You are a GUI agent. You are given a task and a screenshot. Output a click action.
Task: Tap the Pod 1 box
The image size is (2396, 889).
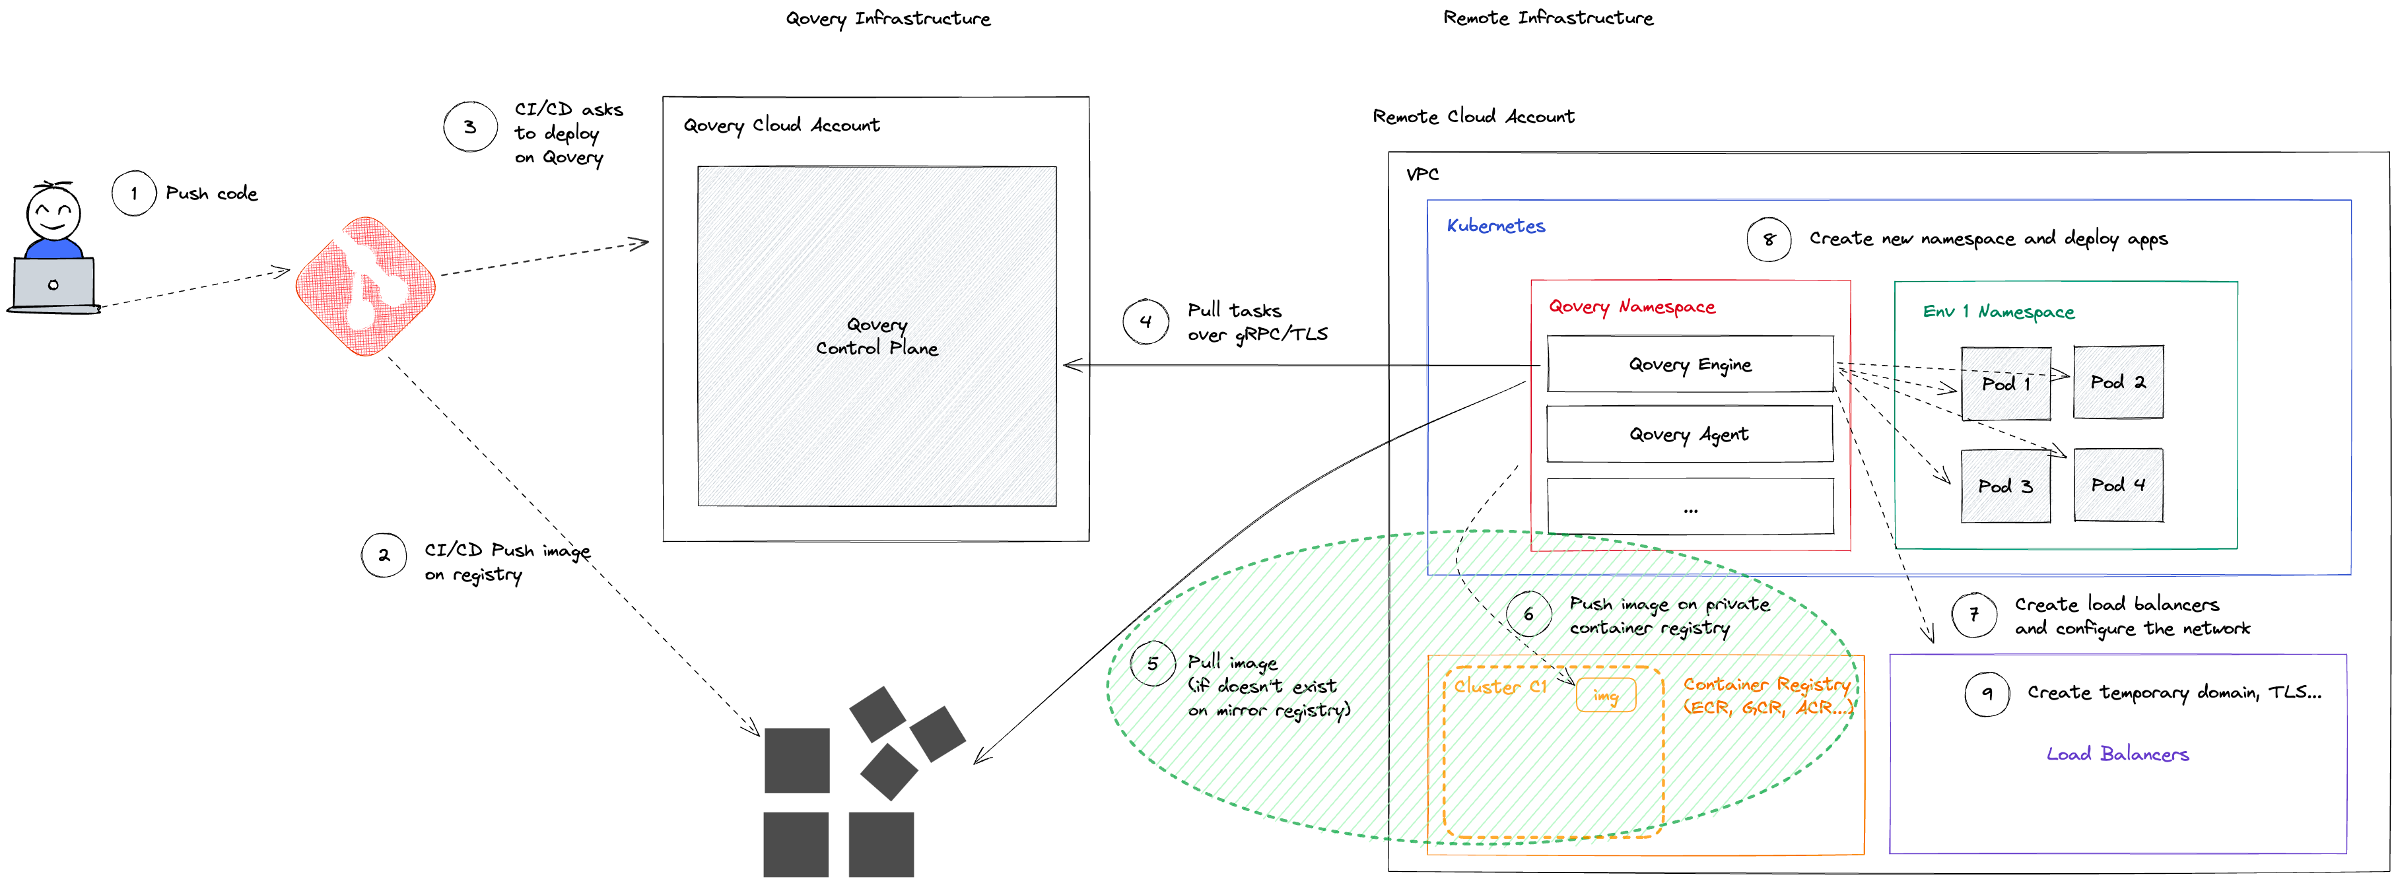2005,383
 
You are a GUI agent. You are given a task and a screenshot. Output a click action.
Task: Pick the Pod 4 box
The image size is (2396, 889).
2118,484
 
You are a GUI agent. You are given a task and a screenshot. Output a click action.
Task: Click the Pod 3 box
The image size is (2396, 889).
2005,485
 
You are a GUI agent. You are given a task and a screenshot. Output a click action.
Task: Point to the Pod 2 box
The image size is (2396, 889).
2118,382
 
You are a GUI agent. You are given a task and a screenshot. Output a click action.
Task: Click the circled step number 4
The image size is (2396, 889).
1145,322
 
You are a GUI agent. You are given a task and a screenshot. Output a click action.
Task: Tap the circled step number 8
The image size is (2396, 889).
1768,239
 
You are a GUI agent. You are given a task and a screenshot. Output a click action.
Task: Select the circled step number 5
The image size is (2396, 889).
1152,663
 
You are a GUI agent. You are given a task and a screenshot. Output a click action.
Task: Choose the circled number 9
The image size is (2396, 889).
1987,693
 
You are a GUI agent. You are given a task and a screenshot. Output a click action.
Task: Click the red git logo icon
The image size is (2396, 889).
366,286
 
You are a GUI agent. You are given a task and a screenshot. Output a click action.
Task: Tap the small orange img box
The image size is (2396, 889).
1606,696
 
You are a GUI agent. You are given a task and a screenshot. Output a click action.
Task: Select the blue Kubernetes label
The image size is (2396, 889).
1495,226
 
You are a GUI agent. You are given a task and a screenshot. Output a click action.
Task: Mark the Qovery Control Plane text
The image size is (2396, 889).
877,336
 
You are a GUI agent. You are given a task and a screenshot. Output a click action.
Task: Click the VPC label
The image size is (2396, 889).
1422,174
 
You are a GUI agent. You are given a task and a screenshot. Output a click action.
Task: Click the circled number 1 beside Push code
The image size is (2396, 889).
134,193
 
